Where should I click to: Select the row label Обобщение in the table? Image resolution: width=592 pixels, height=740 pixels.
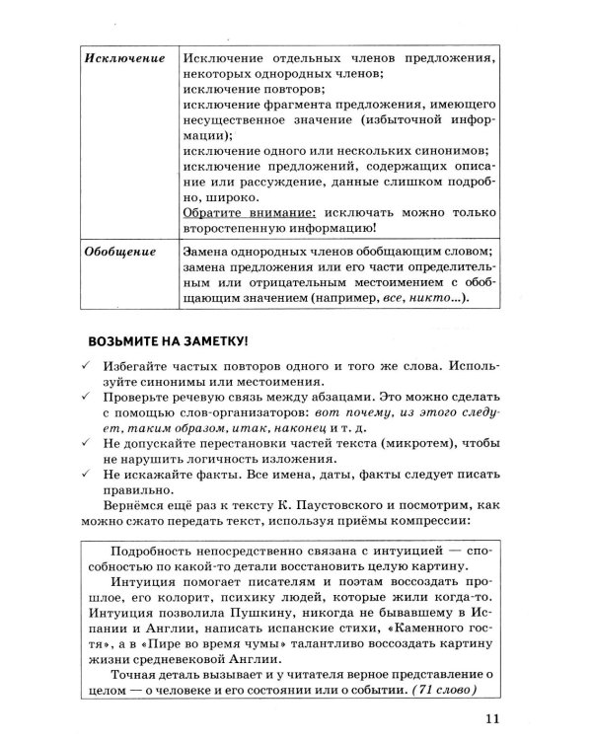(121, 251)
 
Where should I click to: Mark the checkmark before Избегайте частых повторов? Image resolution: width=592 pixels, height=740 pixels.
(86, 365)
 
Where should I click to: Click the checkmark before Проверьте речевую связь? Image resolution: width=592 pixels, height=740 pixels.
(86, 399)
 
